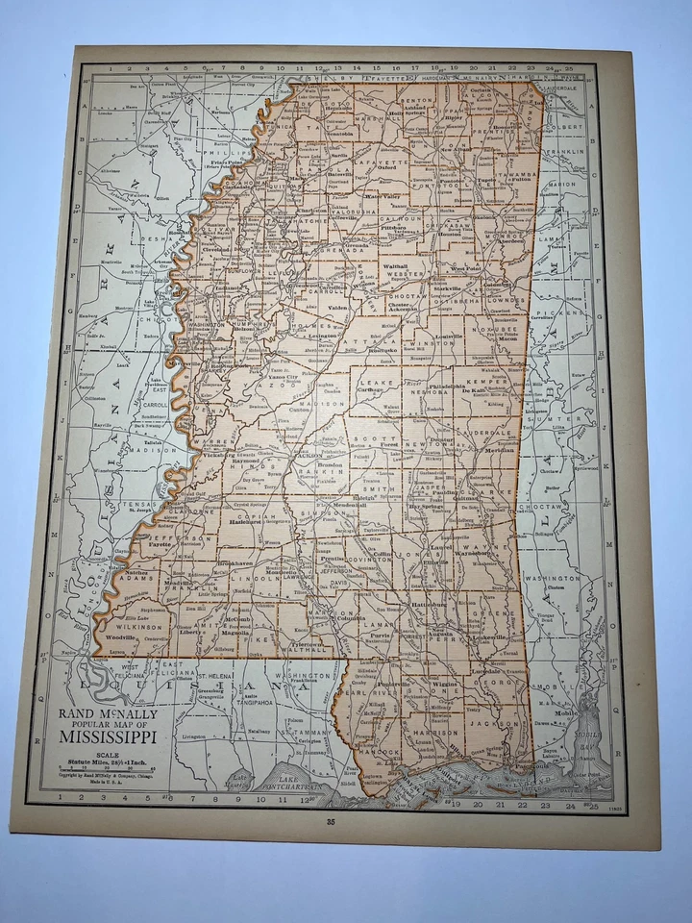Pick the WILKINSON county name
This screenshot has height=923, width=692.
132,625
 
